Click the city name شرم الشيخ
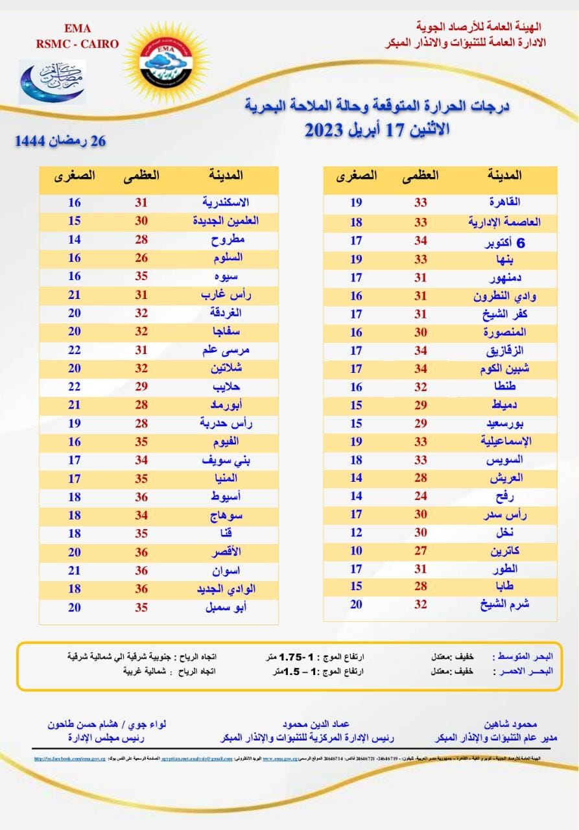pos(504,604)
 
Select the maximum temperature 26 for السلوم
pos(141,257)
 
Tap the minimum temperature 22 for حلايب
pos(75,386)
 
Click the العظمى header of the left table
pos(141,175)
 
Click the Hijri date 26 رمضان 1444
pos(60,141)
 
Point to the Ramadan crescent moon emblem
pos(51,80)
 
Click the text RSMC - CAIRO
pos(78,44)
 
